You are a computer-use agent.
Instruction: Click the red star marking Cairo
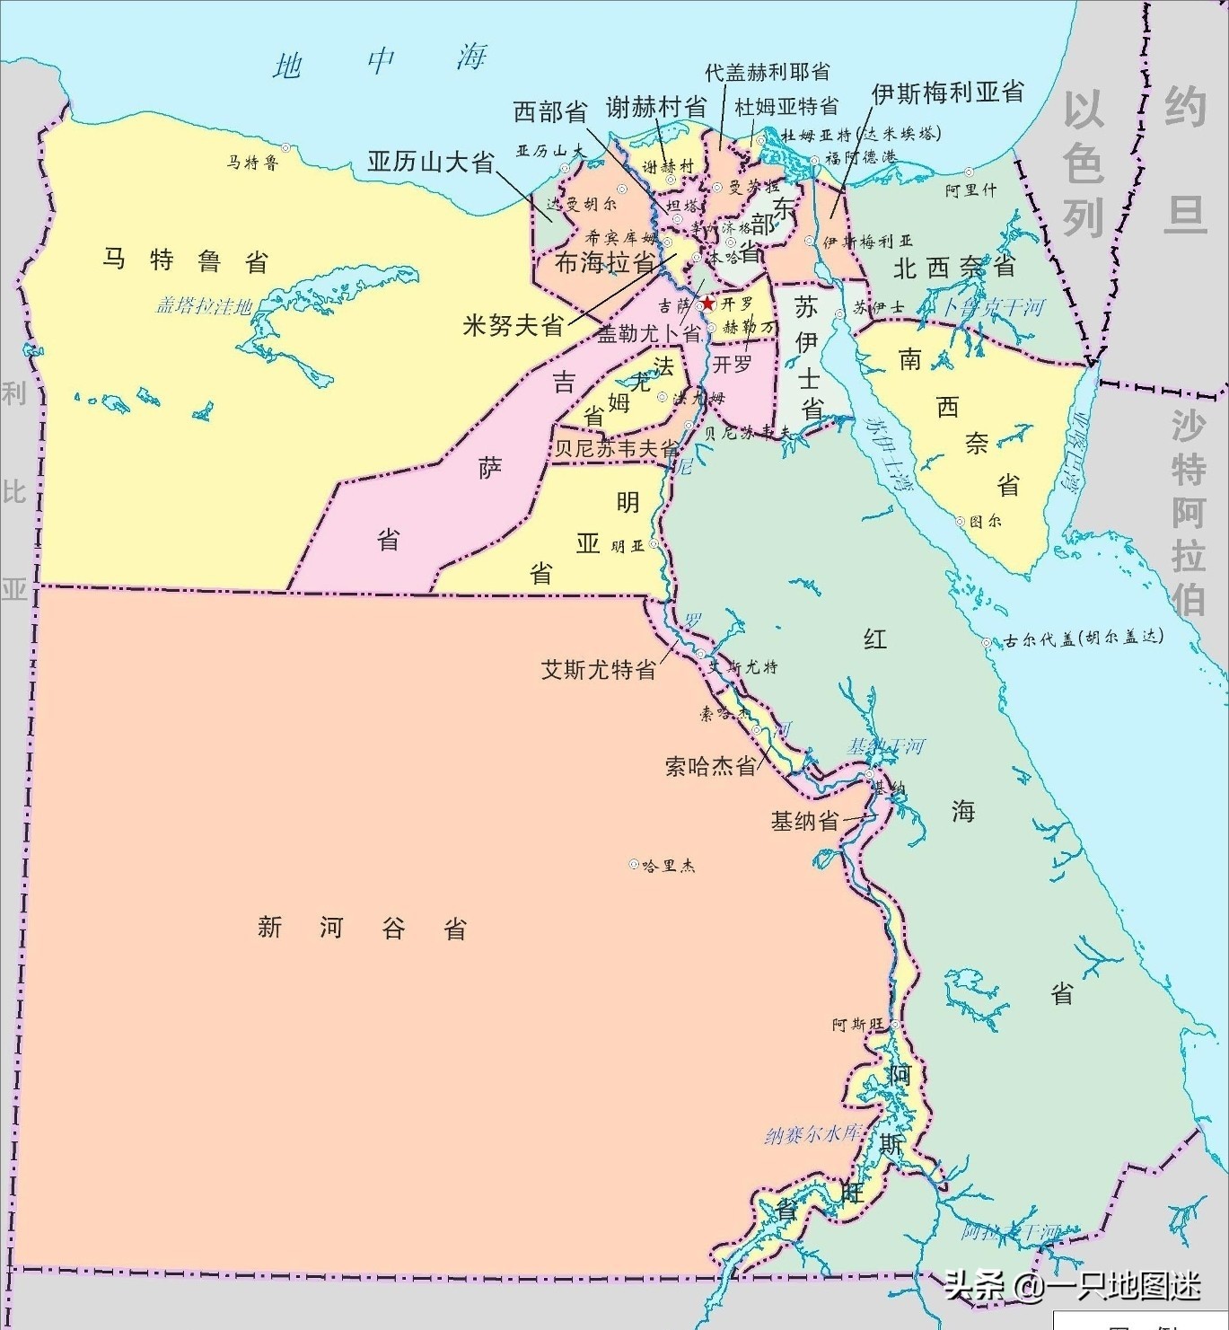(707, 304)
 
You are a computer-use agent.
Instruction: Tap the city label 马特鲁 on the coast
(252, 163)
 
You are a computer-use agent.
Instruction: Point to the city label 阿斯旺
(857, 1025)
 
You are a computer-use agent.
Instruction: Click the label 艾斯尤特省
(598, 670)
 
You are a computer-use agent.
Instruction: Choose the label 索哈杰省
(711, 766)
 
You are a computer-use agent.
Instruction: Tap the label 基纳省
(805, 821)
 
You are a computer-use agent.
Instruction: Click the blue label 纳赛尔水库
(812, 1134)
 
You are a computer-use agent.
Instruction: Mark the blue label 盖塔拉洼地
(204, 306)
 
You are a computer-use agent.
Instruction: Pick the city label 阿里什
(970, 190)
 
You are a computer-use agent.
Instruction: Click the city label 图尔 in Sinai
(985, 521)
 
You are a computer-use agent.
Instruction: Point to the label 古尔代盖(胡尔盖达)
(1084, 639)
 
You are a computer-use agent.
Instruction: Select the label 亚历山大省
(431, 163)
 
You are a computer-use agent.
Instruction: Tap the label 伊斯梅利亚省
(947, 92)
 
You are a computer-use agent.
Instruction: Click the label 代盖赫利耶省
(767, 72)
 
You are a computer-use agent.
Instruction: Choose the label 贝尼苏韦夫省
(616, 447)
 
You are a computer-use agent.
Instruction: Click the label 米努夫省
(513, 325)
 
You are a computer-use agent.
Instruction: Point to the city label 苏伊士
(878, 308)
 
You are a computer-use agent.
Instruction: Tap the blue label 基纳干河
(886, 746)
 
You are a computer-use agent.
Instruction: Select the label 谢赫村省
(655, 108)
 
